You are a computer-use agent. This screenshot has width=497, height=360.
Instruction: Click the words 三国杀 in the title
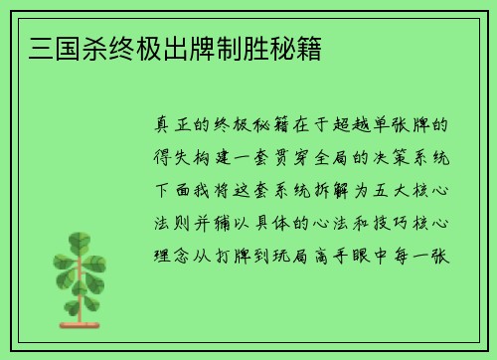(x=63, y=47)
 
